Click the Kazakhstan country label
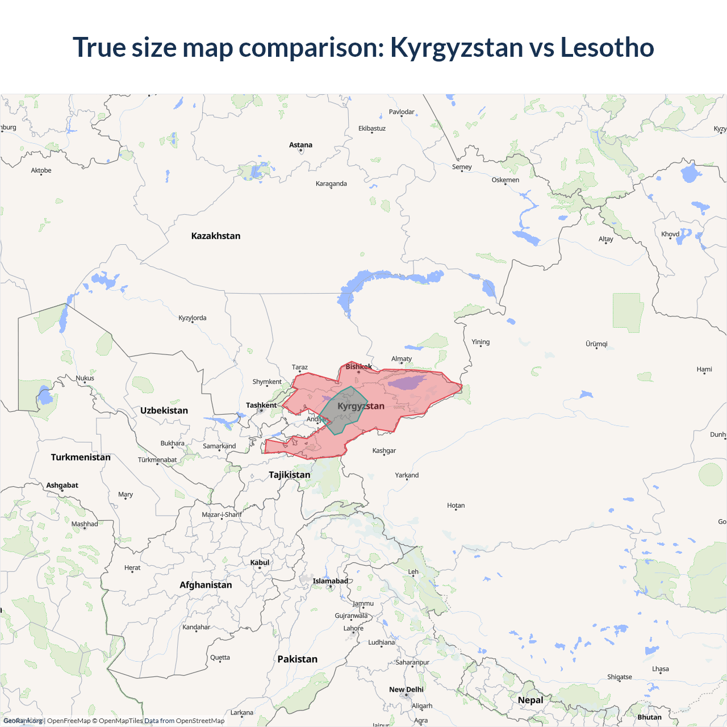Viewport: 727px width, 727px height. pyautogui.click(x=216, y=236)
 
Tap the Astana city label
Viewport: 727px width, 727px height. pyautogui.click(x=300, y=145)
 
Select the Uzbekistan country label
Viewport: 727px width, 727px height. pyautogui.click(x=164, y=410)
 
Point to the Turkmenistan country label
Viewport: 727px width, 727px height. pyautogui.click(x=81, y=457)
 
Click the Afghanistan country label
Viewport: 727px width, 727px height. pyautogui.click(x=206, y=585)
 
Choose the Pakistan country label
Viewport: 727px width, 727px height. pyautogui.click(x=297, y=659)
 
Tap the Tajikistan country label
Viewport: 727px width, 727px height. pyautogui.click(x=290, y=475)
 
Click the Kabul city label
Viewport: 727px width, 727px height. pyautogui.click(x=260, y=562)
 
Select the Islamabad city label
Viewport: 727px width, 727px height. pyautogui.click(x=330, y=581)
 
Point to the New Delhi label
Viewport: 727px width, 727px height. pyautogui.click(x=406, y=690)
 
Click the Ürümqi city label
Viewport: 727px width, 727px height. pyautogui.click(x=596, y=344)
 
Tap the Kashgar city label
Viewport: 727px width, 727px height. pyautogui.click(x=384, y=450)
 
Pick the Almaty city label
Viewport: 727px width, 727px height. pyautogui.click(x=402, y=358)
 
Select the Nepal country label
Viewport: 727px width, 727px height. pyautogui.click(x=530, y=700)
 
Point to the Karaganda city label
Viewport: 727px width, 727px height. pyautogui.click(x=331, y=183)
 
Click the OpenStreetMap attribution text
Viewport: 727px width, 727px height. pyautogui.click(x=200, y=721)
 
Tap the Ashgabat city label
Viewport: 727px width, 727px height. pyautogui.click(x=62, y=485)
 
